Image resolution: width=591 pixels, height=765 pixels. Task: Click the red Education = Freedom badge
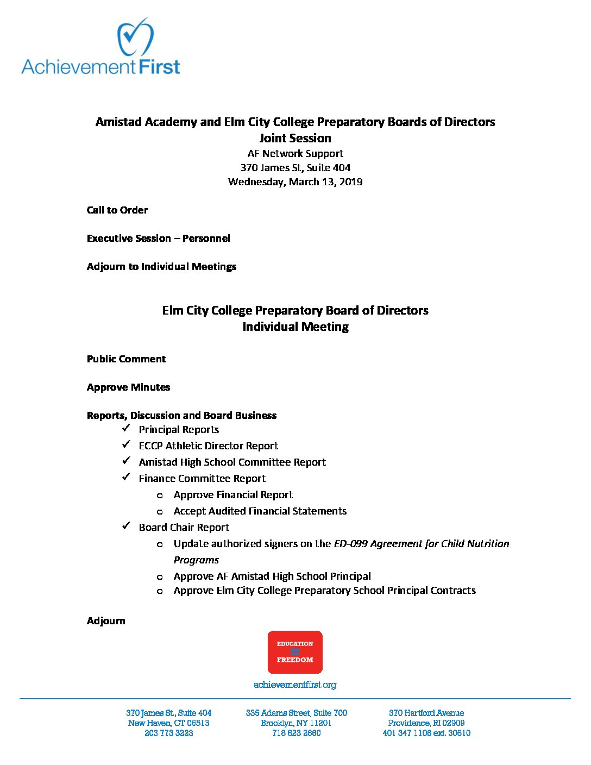[295, 652]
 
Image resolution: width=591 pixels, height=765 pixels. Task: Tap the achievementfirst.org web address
[295, 685]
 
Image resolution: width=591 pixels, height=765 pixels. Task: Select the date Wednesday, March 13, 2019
[295, 181]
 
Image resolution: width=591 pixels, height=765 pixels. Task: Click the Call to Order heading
[117, 210]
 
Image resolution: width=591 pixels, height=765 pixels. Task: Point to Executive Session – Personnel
[158, 239]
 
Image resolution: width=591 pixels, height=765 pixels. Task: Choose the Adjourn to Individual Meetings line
[161, 267]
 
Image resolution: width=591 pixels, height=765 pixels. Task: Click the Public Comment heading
[126, 359]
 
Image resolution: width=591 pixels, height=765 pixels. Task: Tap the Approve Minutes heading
[128, 387]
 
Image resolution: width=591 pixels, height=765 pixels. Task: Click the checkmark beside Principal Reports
[126, 428]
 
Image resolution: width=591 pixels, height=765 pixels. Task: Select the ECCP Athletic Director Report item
[208, 446]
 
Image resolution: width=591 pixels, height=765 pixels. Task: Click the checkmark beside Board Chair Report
[126, 526]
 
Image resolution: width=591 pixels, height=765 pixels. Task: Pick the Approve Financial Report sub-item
[233, 495]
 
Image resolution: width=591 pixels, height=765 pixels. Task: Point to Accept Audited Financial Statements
[260, 511]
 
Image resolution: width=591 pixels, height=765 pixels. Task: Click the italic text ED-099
[350, 544]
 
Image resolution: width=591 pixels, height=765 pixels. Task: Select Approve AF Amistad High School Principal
[272, 576]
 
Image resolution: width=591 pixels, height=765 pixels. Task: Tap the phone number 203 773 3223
[168, 733]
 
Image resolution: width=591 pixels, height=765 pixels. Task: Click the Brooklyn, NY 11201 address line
[296, 723]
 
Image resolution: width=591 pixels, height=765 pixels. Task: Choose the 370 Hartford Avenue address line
[426, 713]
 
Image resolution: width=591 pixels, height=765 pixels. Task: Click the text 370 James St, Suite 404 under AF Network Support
[295, 167]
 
